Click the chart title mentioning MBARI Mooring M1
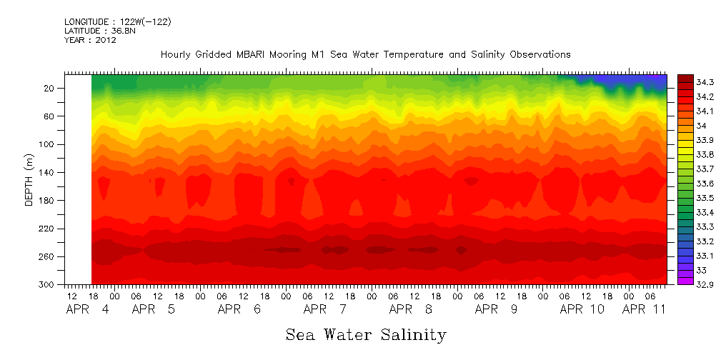tap(365, 54)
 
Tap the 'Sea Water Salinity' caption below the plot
tap(366, 334)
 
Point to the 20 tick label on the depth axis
tap(50, 89)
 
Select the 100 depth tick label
tap(48, 144)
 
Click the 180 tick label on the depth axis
tap(48, 201)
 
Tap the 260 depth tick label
tap(48, 256)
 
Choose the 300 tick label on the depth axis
tap(48, 284)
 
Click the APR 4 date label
tap(88, 309)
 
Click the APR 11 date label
tap(645, 309)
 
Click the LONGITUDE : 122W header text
tap(117, 22)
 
